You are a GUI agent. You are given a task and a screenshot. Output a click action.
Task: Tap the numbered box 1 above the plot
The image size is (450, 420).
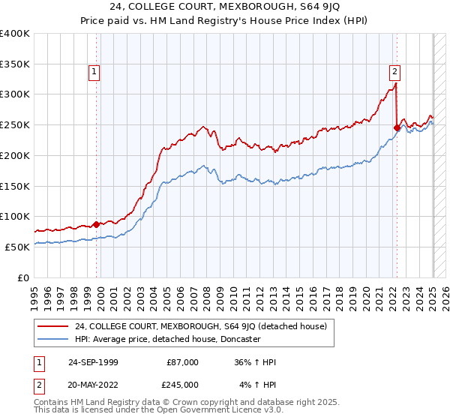[x=94, y=72]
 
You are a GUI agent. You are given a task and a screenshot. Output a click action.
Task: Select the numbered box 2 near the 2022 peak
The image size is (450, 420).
[x=394, y=72]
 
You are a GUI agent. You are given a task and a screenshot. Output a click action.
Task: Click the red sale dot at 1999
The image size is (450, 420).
[x=96, y=223]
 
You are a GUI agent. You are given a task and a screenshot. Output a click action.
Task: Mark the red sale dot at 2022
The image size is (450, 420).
[x=397, y=127]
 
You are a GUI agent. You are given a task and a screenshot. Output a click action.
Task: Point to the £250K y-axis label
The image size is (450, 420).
[x=15, y=125]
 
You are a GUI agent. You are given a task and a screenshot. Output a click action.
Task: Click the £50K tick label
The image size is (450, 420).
[x=17, y=247]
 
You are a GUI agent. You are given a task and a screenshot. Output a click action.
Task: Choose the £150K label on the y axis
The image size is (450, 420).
[x=15, y=186]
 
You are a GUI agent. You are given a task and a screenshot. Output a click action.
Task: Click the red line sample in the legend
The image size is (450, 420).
[x=53, y=326]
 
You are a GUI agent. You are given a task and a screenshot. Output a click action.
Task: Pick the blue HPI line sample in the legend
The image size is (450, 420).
[x=53, y=339]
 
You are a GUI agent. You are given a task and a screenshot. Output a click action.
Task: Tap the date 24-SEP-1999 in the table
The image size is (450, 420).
[x=93, y=362]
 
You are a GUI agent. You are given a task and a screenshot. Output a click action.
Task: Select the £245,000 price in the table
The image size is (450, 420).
[x=182, y=384]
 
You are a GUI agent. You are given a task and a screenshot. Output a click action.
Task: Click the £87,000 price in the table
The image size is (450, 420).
[x=182, y=362]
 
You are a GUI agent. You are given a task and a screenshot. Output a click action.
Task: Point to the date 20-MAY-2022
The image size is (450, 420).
[x=93, y=384]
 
